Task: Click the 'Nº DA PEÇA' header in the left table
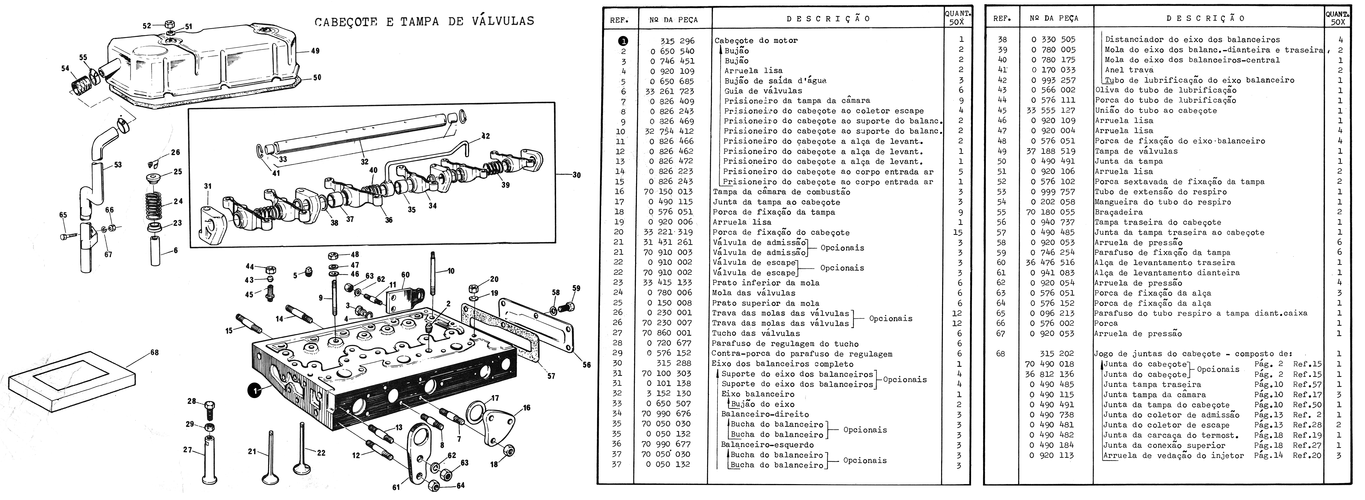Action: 673,19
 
